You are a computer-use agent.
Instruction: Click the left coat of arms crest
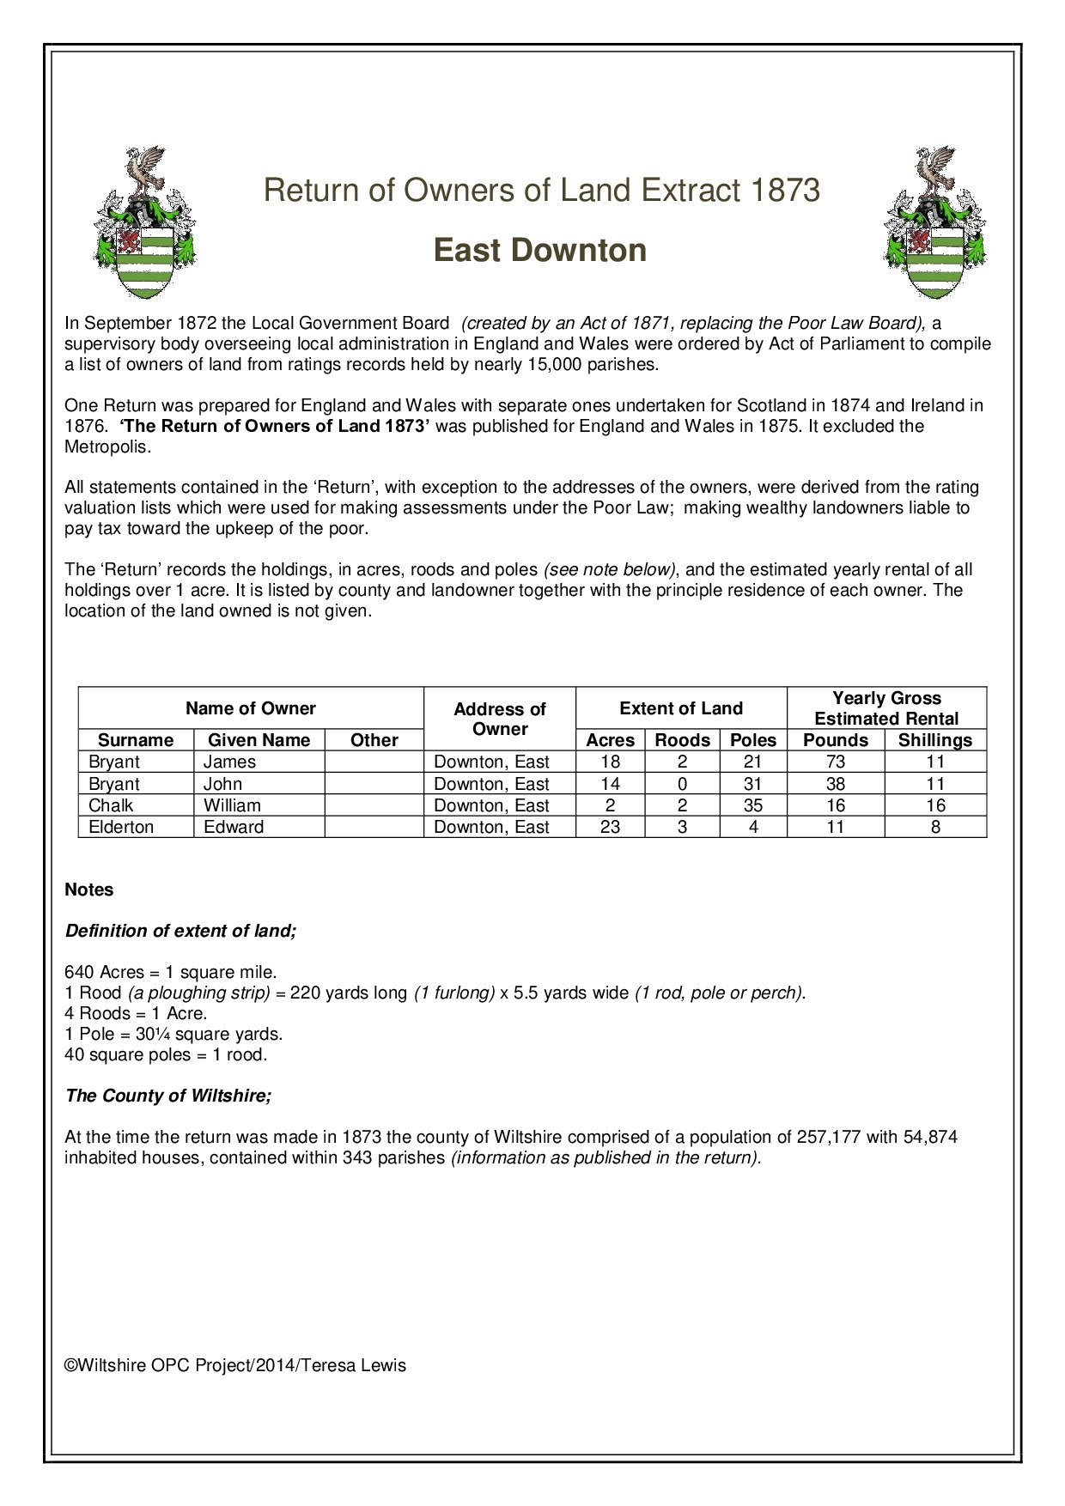click(144, 223)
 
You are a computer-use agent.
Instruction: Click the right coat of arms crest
click(935, 223)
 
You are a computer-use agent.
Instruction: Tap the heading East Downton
click(540, 251)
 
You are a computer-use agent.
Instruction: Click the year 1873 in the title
click(785, 190)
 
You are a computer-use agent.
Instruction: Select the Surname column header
click(136, 740)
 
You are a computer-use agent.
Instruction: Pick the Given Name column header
click(259, 740)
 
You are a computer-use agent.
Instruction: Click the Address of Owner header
click(500, 719)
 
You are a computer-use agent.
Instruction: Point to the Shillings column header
click(935, 740)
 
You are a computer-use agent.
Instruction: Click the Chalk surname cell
click(111, 805)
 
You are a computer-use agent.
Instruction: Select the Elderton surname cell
click(121, 827)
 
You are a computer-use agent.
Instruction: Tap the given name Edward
click(234, 827)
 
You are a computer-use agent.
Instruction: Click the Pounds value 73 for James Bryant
click(836, 762)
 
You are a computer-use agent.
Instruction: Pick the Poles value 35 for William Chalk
click(753, 805)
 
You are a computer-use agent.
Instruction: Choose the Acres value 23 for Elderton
click(610, 827)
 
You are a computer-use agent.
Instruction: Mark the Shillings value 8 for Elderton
click(935, 827)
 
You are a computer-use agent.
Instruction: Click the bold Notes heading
click(89, 890)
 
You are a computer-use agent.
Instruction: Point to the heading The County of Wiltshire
click(168, 1096)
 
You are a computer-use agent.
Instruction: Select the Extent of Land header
click(681, 708)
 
